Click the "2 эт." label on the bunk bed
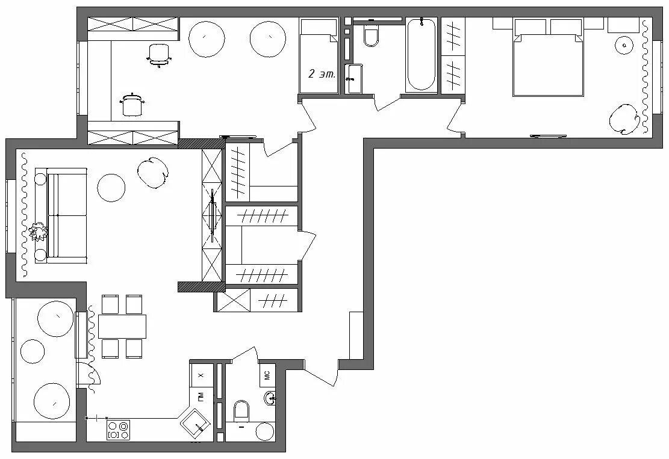click(x=322, y=74)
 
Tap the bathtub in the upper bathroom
click(x=421, y=55)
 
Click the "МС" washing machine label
click(x=267, y=375)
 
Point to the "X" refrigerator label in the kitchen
click(x=201, y=375)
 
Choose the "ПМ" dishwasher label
click(x=201, y=397)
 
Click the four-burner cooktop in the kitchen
click(x=118, y=430)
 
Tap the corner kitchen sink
click(x=195, y=423)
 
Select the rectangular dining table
click(x=122, y=327)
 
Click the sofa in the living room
click(x=61, y=215)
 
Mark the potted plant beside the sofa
click(x=39, y=232)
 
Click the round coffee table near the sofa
click(x=111, y=188)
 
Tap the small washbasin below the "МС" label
click(x=270, y=398)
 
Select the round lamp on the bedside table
click(x=624, y=45)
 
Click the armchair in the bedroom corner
click(x=623, y=119)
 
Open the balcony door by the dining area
click(x=89, y=375)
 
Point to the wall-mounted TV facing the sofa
click(x=213, y=215)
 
